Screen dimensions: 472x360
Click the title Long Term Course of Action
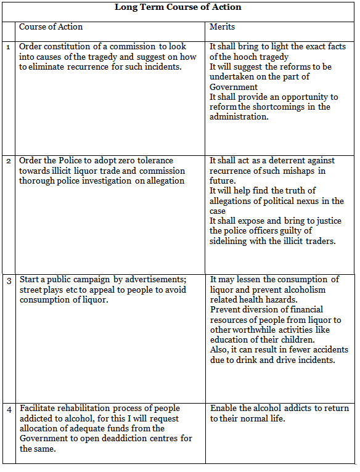point(178,7)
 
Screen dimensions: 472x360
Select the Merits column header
point(223,27)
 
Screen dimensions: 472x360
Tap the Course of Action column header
point(51,27)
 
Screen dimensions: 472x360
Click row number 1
point(8,47)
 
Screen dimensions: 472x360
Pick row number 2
point(8,161)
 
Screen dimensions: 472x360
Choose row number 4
point(9,409)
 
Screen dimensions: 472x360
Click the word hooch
point(244,57)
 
